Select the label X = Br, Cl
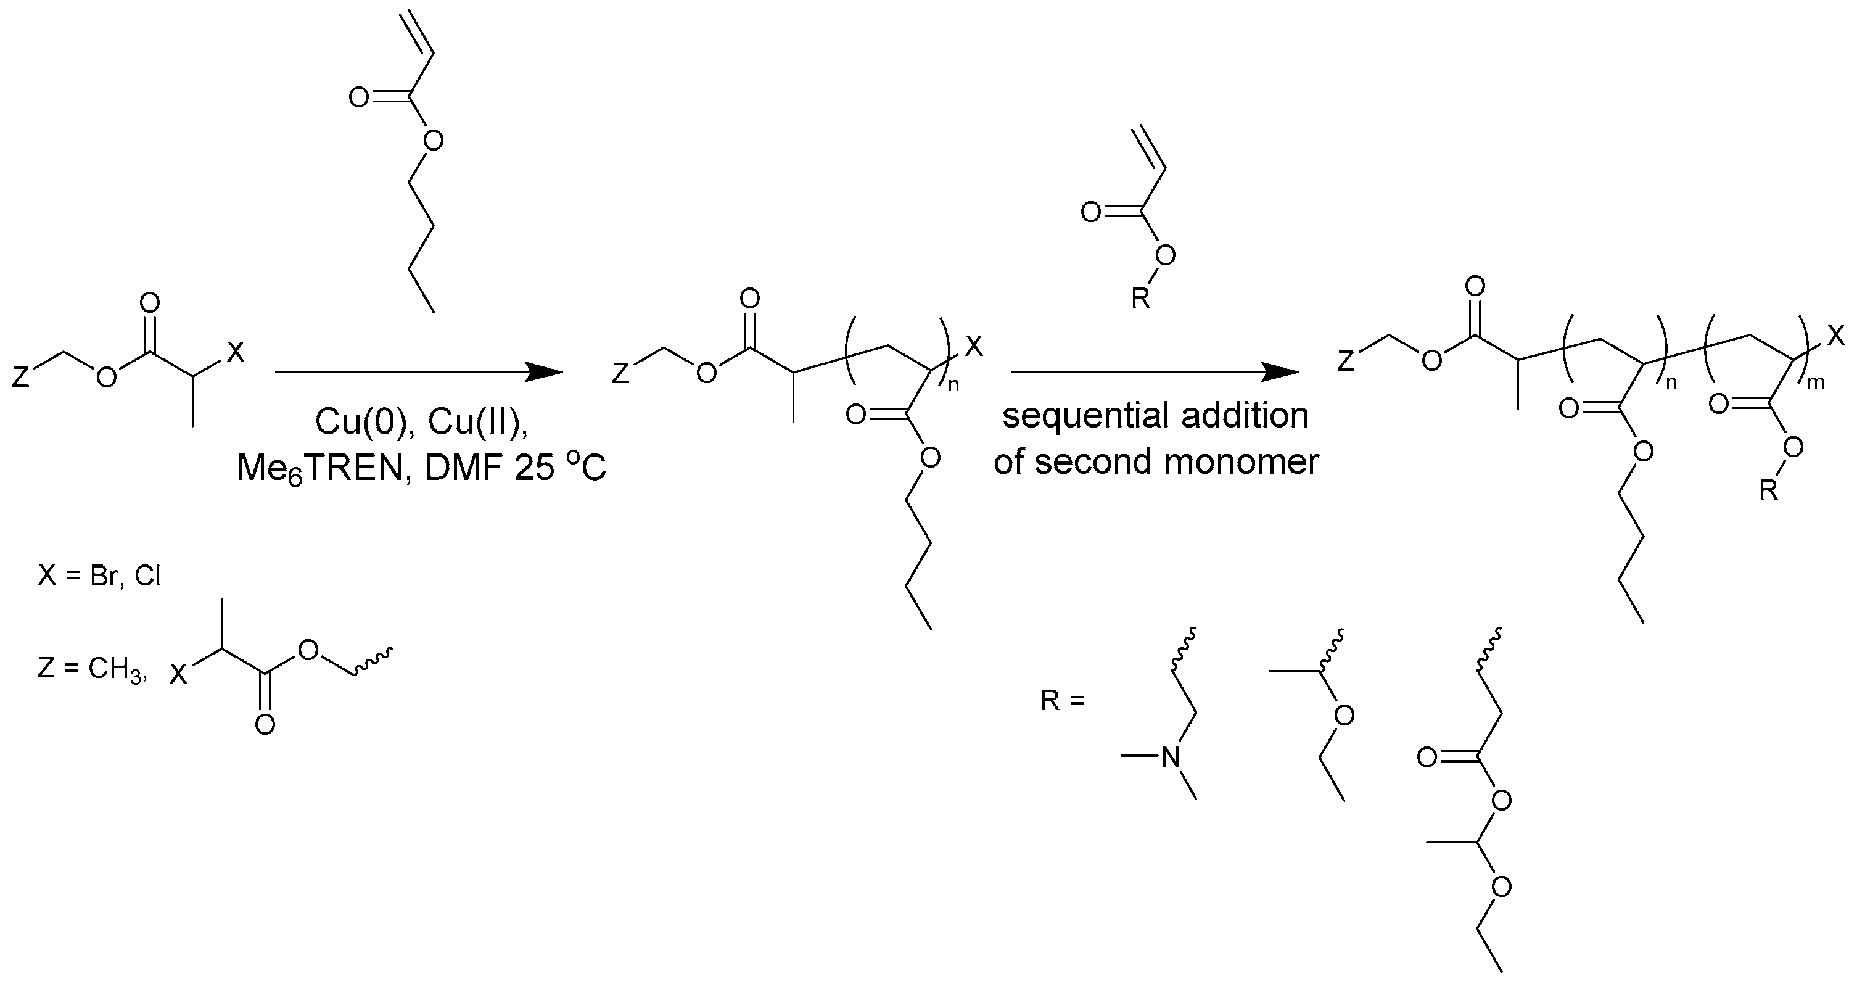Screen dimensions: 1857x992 click(99, 577)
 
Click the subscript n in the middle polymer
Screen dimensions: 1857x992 click(953, 386)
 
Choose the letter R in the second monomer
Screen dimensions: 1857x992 click(1140, 298)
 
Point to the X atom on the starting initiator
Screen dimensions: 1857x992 click(236, 352)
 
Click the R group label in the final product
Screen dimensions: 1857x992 click(1768, 491)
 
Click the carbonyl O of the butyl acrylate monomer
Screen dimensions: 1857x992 click(358, 97)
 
